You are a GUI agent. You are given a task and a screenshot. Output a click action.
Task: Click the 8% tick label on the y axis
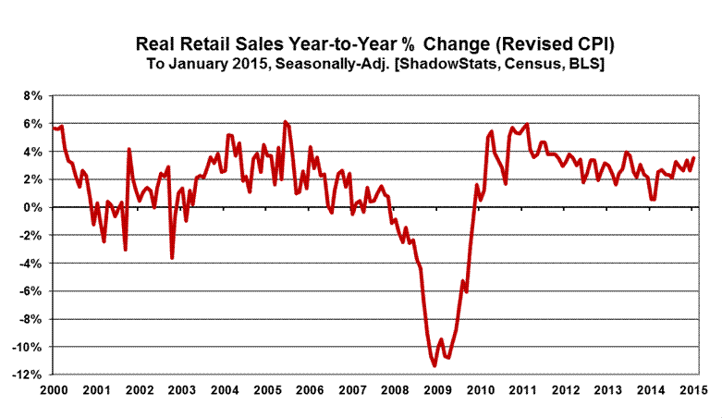(x=31, y=95)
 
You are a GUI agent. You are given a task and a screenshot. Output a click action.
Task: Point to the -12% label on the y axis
(x=28, y=375)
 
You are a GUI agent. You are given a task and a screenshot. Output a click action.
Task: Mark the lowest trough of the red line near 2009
(x=434, y=366)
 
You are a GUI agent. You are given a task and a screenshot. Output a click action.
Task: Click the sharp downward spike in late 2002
(x=172, y=257)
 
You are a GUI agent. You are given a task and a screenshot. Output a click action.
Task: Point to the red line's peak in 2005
(x=285, y=122)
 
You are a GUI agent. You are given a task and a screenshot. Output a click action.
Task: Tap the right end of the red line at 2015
(x=694, y=157)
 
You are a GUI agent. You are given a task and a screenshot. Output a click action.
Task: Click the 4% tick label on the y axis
(x=31, y=152)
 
